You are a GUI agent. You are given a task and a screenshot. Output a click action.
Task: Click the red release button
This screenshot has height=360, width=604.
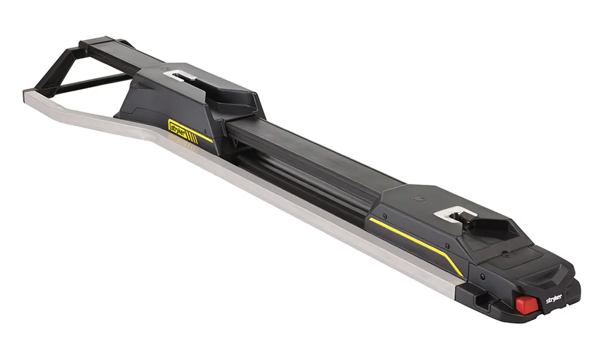525,304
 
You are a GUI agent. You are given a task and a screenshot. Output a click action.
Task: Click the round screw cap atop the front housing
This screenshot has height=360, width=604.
421,199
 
